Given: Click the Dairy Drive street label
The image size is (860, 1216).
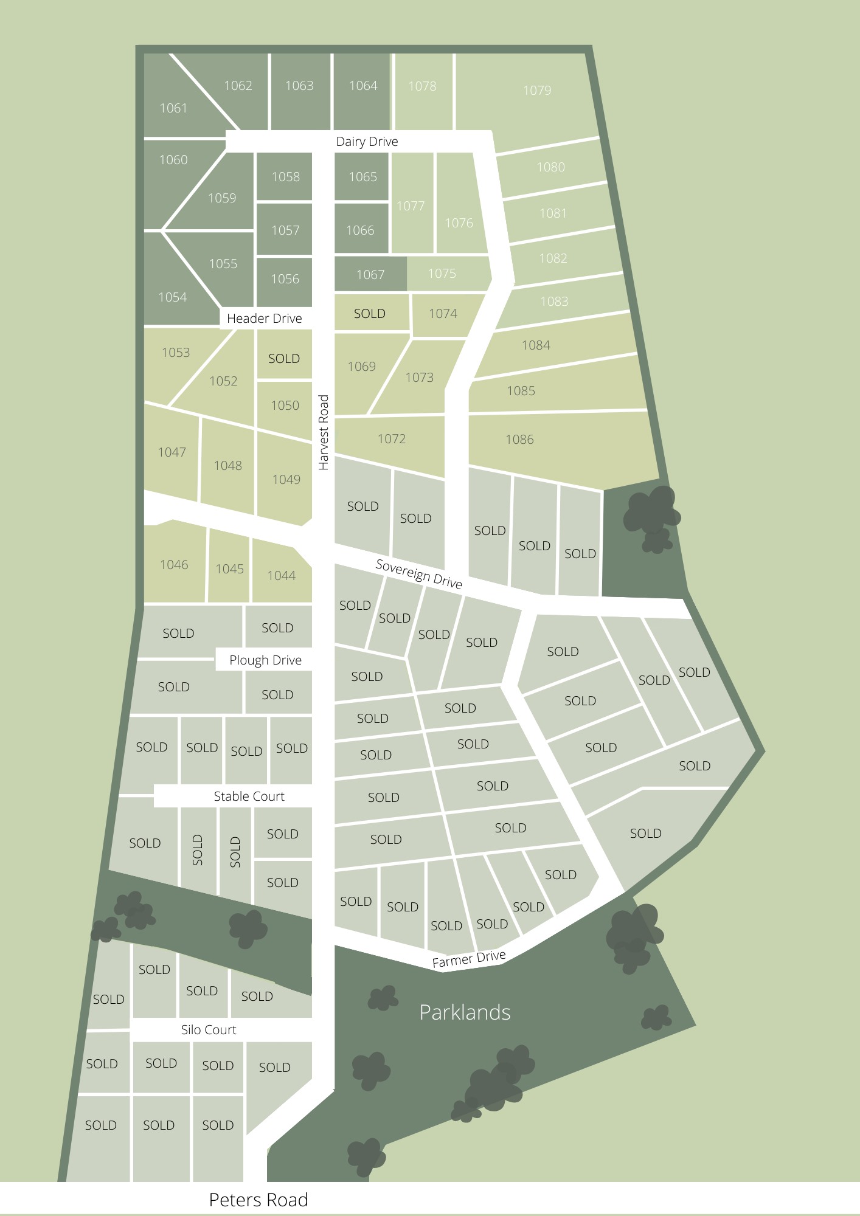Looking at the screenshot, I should pos(367,142).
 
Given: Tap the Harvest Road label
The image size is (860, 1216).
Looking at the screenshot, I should pos(324,432).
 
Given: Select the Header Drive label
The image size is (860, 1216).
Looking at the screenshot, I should pos(264,319).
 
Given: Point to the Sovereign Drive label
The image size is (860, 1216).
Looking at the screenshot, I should pos(419,574).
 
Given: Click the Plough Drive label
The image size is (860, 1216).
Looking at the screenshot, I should pos(265,660).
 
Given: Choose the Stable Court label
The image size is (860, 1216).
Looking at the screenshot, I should pos(249,796).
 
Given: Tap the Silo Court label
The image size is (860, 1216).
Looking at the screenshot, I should pos(208,1030).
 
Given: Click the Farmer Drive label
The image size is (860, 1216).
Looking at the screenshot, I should pos(469,959).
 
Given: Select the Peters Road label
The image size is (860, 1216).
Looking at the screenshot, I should pos(258,1200).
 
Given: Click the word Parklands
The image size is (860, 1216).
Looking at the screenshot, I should pos(465,1012).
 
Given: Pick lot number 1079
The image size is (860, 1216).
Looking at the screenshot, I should pos(537,91).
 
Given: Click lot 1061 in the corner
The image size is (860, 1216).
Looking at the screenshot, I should pos(173,108).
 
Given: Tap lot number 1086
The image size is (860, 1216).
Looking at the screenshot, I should pos(519,440).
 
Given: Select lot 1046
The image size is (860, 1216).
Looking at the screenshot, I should pos(174,565).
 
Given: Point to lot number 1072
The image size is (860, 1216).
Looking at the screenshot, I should pos(391,439).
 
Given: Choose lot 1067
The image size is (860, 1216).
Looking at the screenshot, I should pos(370,275).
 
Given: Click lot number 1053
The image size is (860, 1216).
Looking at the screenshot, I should pos(176,353).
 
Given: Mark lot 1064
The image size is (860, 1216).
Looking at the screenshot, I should pos(363,86).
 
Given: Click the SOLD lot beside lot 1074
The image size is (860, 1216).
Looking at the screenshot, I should pos(370,314).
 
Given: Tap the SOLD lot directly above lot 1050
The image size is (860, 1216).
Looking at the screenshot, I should pos(284,359).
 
